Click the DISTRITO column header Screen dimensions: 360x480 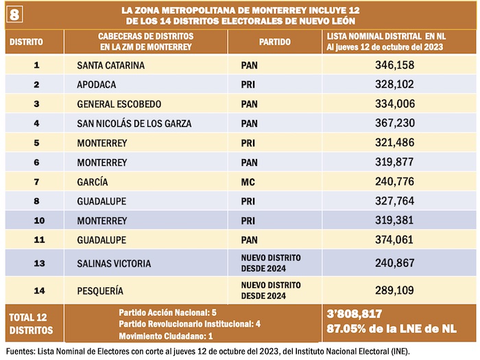click(25, 41)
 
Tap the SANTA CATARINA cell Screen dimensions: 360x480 click(110, 65)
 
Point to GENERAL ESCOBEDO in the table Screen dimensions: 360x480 click(119, 104)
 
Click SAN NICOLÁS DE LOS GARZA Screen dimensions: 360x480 click(134, 123)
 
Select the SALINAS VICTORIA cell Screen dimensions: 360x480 click(115, 263)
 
